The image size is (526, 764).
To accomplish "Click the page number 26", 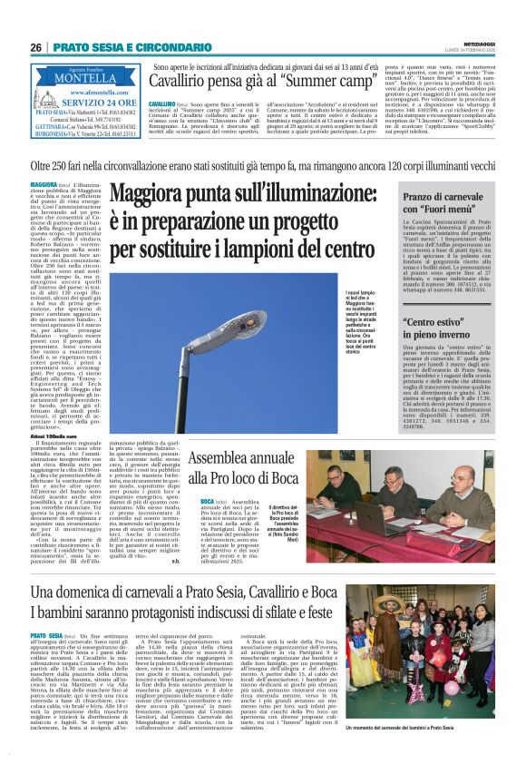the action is [x=36, y=46].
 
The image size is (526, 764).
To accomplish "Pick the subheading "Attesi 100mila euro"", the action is [x=54, y=436].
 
